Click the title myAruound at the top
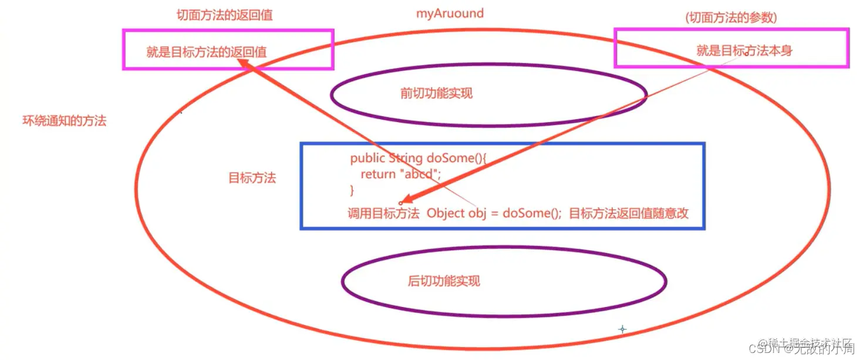pos(450,13)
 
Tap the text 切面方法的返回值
pos(224,15)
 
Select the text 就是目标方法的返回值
pos(206,52)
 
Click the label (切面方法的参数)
pos(731,18)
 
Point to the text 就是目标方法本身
pos(744,51)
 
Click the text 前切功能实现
pos(436,93)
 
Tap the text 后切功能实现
pos(443,281)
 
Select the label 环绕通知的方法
pos(64,122)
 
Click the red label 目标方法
pos(252,178)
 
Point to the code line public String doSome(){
pos(419,158)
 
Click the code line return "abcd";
pos(400,174)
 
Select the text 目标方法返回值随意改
pos(629,213)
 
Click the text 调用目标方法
pos(383,213)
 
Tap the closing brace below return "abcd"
pos(352,190)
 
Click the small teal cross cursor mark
pos(622,329)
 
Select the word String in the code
pos(406,158)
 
